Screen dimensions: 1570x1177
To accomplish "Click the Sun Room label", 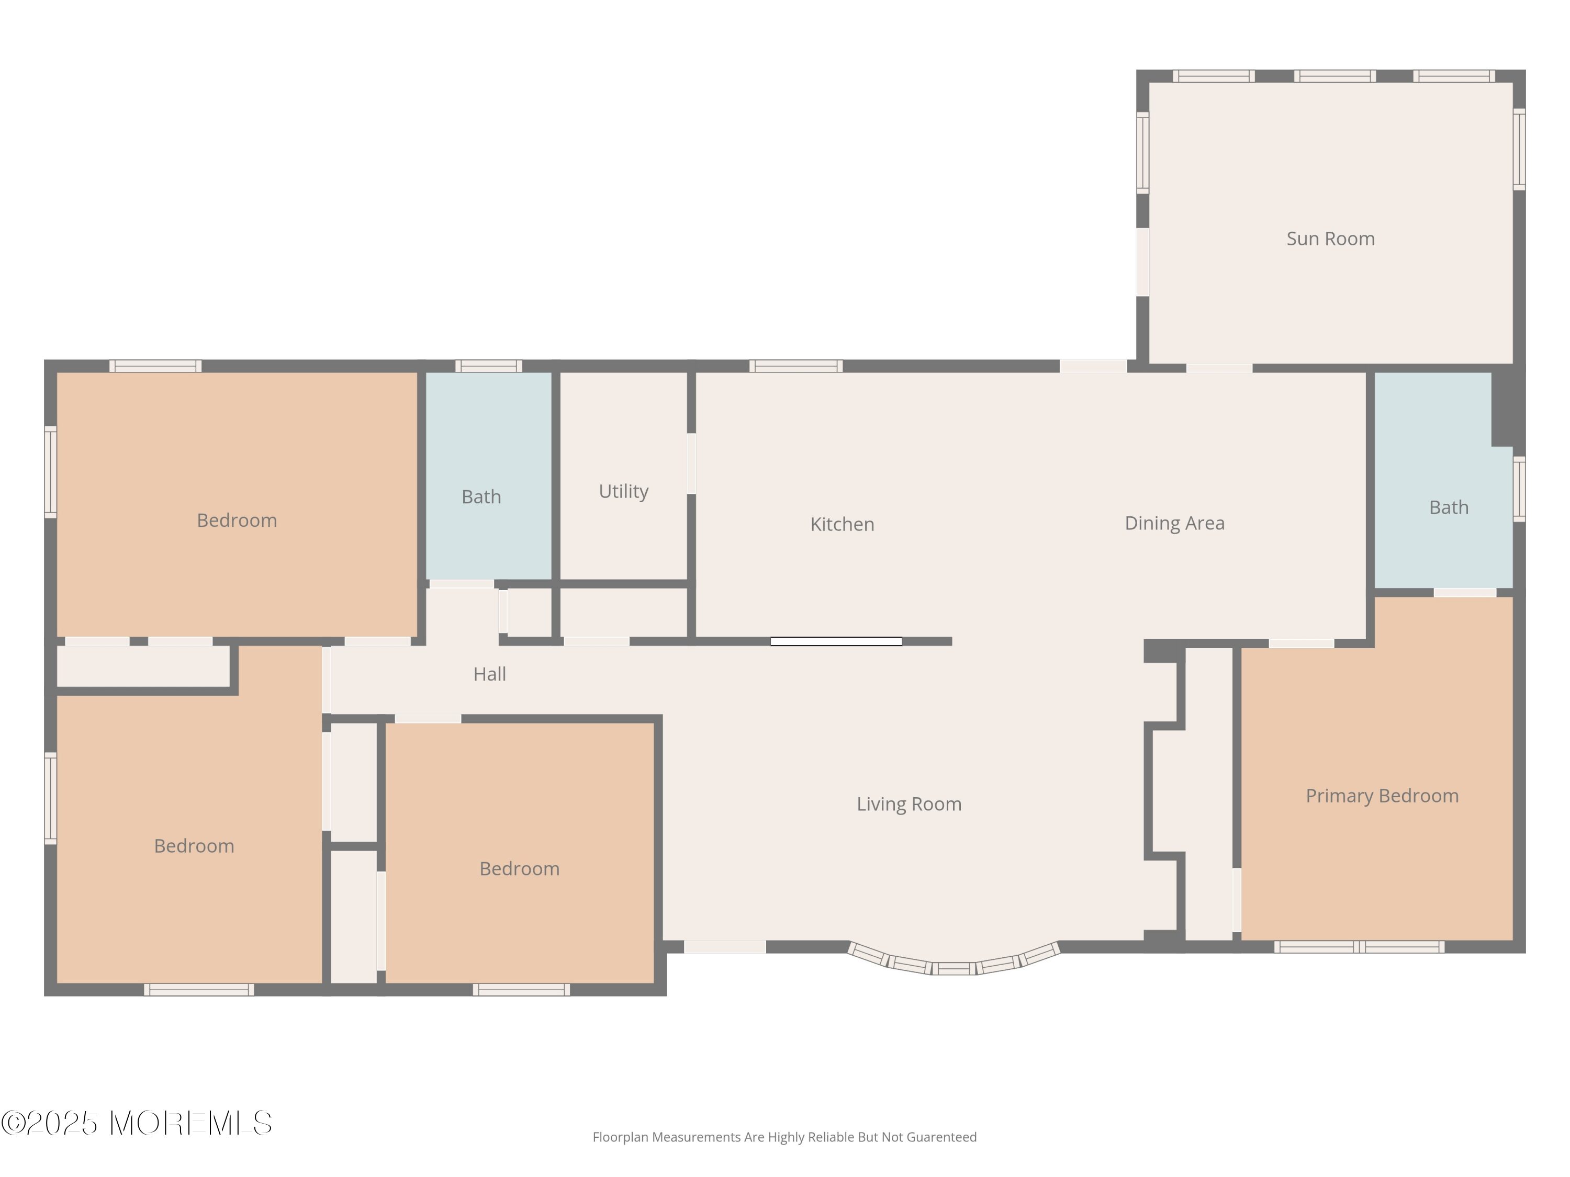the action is tap(1330, 239).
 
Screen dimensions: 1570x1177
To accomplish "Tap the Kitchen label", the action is tap(842, 524).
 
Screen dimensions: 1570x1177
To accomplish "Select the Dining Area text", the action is tap(1175, 524).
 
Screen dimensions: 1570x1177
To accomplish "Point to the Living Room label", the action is tap(909, 804).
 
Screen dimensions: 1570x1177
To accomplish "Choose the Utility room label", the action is tap(623, 492).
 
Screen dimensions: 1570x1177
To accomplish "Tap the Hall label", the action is tap(490, 674).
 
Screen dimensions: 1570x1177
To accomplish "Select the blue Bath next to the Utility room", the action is tap(488, 476).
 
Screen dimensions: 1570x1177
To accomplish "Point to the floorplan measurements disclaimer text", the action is tap(784, 1137).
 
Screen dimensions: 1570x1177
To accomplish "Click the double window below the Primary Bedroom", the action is tap(1359, 946).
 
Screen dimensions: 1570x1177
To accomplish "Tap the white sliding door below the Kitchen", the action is tap(836, 641).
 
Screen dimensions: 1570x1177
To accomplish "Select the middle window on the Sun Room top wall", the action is tap(1334, 76).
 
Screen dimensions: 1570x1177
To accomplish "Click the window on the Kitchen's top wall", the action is tap(795, 366).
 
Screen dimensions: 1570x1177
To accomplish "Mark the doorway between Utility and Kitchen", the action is tap(691, 463).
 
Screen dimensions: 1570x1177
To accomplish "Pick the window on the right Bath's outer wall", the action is tap(1519, 489).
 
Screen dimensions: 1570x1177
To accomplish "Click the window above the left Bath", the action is tap(488, 366).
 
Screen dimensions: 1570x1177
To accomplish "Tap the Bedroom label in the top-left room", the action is tap(237, 520).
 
